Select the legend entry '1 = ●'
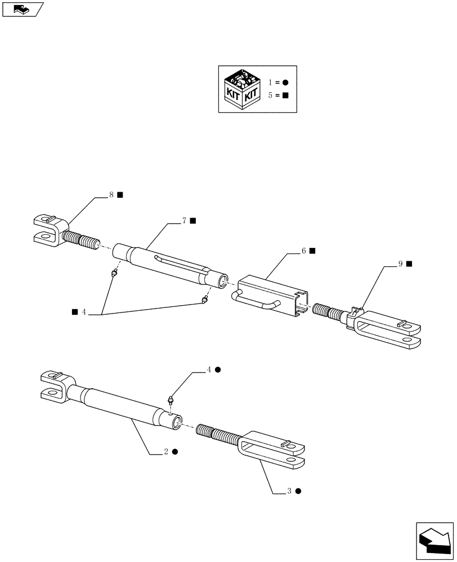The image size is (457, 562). tap(278, 83)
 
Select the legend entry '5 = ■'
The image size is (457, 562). tap(278, 96)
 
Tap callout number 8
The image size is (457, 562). tap(112, 195)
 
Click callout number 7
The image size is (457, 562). tap(184, 221)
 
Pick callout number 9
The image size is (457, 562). tap(401, 263)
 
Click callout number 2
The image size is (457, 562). tap(167, 451)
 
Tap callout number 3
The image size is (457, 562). tap(290, 491)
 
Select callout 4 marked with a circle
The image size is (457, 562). tap(209, 370)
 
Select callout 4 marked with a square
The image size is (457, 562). tap(83, 311)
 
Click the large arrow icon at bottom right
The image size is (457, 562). tap(435, 540)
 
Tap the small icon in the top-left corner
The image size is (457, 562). tap(21, 8)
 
